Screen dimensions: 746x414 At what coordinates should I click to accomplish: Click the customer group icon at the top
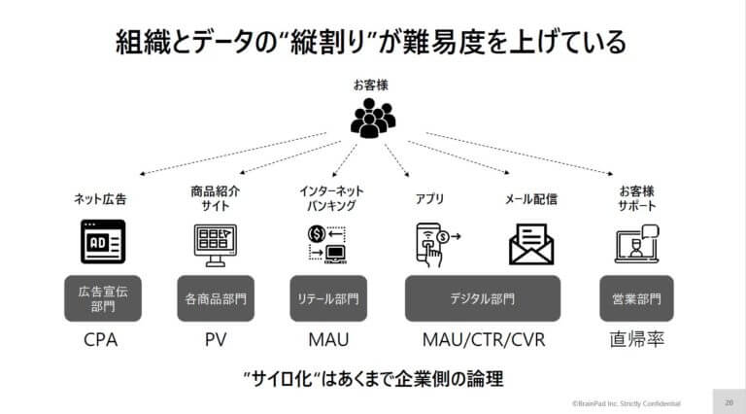(373, 118)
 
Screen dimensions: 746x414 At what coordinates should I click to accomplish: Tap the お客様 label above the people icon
(371, 86)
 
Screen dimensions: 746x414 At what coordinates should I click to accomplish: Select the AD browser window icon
(103, 242)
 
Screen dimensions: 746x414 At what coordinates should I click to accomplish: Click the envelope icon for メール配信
(531, 244)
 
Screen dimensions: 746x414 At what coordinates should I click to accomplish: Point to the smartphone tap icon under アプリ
(436, 245)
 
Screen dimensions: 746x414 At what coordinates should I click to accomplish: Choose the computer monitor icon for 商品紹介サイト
(216, 245)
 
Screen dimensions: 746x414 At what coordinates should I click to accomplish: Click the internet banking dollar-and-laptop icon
(327, 245)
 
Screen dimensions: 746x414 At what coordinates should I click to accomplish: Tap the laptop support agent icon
(636, 244)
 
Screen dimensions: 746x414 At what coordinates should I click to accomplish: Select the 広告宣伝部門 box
(103, 298)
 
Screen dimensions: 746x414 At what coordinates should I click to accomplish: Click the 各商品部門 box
(216, 298)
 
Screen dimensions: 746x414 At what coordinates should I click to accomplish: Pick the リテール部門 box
(328, 298)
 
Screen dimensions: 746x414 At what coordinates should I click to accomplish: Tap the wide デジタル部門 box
(483, 298)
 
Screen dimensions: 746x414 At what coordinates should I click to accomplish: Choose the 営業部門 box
(636, 298)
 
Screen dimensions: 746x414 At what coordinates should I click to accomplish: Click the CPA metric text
(100, 340)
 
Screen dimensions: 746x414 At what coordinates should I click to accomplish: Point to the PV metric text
(216, 340)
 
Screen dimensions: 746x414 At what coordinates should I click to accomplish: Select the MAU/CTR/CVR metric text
(484, 340)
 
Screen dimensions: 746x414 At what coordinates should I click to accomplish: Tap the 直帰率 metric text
(636, 340)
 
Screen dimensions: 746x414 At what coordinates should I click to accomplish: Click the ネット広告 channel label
(100, 199)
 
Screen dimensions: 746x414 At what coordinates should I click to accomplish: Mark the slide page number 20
(729, 402)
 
